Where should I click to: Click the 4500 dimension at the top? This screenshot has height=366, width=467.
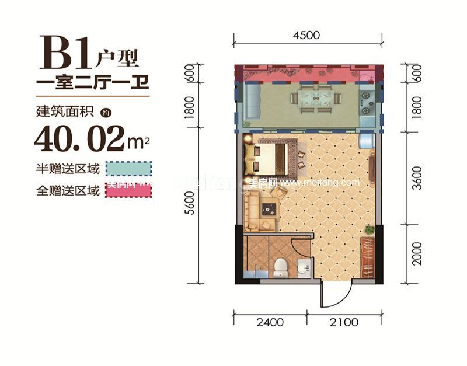[307, 35]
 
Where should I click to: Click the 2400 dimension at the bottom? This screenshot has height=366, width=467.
[269, 322]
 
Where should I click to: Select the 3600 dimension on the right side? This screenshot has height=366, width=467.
[416, 175]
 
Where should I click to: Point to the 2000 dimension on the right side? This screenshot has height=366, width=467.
[416, 253]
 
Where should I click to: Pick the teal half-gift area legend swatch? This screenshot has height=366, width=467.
[128, 169]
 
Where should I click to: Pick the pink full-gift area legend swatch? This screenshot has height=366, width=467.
[128, 190]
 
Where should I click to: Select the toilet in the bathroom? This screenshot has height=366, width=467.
[280, 266]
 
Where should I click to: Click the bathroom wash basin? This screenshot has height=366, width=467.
[302, 266]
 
